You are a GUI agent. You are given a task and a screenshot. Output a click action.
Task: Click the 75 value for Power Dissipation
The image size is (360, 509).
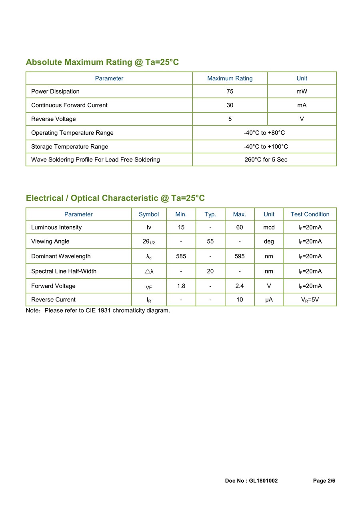[230, 92]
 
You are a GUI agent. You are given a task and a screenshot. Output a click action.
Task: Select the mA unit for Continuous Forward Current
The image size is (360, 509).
[302, 105]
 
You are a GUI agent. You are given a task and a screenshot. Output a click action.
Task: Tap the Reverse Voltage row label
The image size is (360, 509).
[54, 119]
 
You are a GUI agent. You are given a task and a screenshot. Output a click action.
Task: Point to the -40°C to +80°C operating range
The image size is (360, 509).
[264, 133]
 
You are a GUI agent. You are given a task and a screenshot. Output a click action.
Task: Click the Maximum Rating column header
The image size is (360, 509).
[230, 78]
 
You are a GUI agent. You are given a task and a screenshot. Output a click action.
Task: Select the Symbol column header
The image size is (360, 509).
[149, 214]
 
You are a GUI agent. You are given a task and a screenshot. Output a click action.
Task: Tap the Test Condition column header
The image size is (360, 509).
[310, 214]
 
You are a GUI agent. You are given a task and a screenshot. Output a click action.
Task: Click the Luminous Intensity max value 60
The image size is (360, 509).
[240, 228]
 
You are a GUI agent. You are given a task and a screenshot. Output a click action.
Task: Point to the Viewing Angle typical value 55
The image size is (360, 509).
[210, 242]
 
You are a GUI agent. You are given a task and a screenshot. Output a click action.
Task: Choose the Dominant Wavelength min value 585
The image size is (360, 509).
[181, 256]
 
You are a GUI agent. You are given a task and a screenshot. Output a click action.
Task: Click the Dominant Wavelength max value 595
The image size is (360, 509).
[240, 256]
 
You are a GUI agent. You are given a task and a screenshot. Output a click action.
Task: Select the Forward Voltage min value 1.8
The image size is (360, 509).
[181, 286]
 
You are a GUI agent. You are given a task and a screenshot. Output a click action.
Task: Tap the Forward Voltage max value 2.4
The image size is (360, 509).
[240, 286]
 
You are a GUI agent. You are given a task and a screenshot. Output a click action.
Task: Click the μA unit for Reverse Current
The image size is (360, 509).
[269, 299]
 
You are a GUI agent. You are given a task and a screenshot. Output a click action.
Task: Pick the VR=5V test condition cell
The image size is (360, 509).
[310, 299]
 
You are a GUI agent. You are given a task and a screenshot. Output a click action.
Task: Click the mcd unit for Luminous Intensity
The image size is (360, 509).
[269, 228]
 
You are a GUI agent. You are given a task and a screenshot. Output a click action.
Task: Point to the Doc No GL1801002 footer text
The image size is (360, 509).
[251, 481]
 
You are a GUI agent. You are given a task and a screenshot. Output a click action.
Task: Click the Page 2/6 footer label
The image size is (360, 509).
[324, 481]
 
